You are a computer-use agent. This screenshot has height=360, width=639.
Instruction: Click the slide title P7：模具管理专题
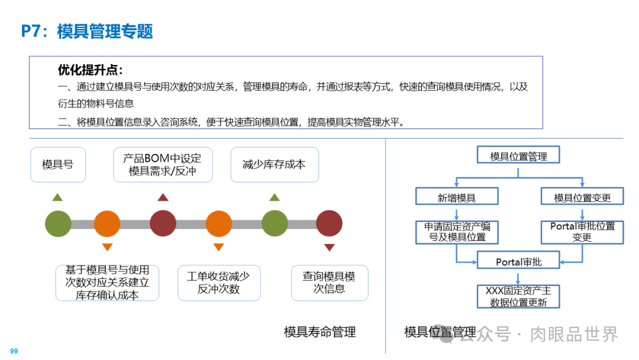[x=87, y=31]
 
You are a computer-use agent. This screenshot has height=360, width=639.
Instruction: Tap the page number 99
[x=14, y=351]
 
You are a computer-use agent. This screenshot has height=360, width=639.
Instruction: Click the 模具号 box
[x=58, y=164]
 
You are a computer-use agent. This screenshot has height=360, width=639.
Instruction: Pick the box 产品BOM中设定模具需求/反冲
[x=163, y=165]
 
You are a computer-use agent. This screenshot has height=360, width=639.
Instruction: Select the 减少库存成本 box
[x=275, y=164]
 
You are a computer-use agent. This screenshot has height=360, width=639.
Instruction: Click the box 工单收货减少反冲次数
[x=219, y=282]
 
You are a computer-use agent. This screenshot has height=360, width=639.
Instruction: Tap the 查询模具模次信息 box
[x=330, y=282]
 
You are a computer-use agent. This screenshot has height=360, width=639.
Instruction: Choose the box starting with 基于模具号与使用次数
[x=107, y=282]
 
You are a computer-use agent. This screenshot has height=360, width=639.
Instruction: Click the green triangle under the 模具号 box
[x=57, y=197]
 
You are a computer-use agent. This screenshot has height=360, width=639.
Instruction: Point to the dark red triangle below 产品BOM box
[x=163, y=197]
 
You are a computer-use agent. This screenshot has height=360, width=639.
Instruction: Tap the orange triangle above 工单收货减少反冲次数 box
[x=218, y=247]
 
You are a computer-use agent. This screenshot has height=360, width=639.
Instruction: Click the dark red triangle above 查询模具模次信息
[x=330, y=247]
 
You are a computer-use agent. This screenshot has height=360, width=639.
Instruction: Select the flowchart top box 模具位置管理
[x=518, y=156]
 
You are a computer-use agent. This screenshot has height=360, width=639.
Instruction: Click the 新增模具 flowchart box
[x=457, y=198]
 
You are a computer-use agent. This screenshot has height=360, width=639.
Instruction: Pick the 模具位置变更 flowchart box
[x=582, y=198]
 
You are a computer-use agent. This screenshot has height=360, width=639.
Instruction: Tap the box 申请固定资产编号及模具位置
[x=457, y=232]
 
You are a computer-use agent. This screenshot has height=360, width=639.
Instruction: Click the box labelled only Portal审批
[x=518, y=262]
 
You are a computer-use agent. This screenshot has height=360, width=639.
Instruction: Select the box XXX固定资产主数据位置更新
[x=518, y=297]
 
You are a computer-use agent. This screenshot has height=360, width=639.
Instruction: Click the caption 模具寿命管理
[x=320, y=332]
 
